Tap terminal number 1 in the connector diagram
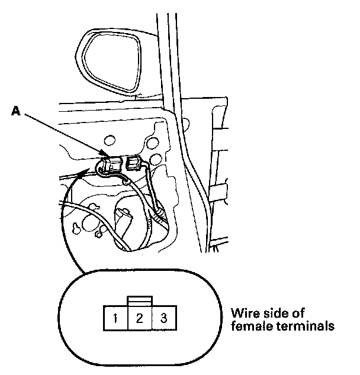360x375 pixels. point(117,319)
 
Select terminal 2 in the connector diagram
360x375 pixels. point(140,319)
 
